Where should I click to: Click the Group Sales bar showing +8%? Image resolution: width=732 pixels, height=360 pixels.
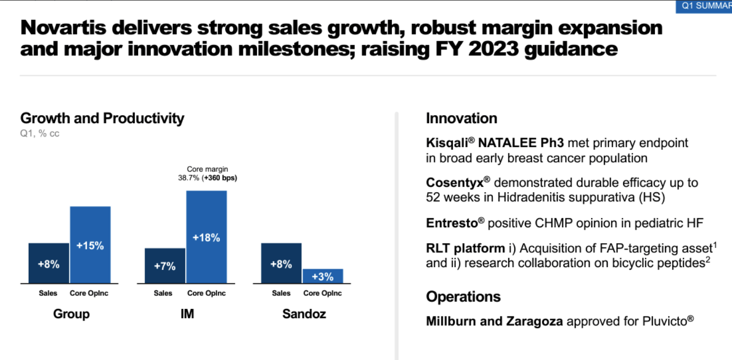tap(48, 263)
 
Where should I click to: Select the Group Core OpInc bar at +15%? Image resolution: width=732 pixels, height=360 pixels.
tap(90, 245)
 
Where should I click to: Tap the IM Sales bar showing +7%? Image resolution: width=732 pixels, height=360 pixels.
tap(165, 265)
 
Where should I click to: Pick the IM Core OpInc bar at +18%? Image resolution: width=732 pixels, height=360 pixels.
tap(206, 237)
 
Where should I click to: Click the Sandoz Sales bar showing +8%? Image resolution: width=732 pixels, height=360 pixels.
tap(281, 263)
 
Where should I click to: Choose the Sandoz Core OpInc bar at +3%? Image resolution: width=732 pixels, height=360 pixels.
tap(322, 276)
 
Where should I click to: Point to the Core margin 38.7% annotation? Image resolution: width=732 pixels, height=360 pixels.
tap(207, 174)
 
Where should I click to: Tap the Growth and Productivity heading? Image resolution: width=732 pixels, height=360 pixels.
tap(102, 118)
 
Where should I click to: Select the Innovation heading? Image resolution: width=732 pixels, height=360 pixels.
tap(461, 118)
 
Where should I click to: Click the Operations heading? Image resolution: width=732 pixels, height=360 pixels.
tap(463, 296)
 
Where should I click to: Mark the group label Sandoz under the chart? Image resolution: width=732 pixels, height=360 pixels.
tap(304, 314)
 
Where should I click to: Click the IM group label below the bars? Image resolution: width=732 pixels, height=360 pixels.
tap(187, 314)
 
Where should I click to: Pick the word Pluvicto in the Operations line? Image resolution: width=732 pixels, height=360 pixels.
tap(665, 321)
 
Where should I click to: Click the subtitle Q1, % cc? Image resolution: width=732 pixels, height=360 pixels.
tap(40, 134)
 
